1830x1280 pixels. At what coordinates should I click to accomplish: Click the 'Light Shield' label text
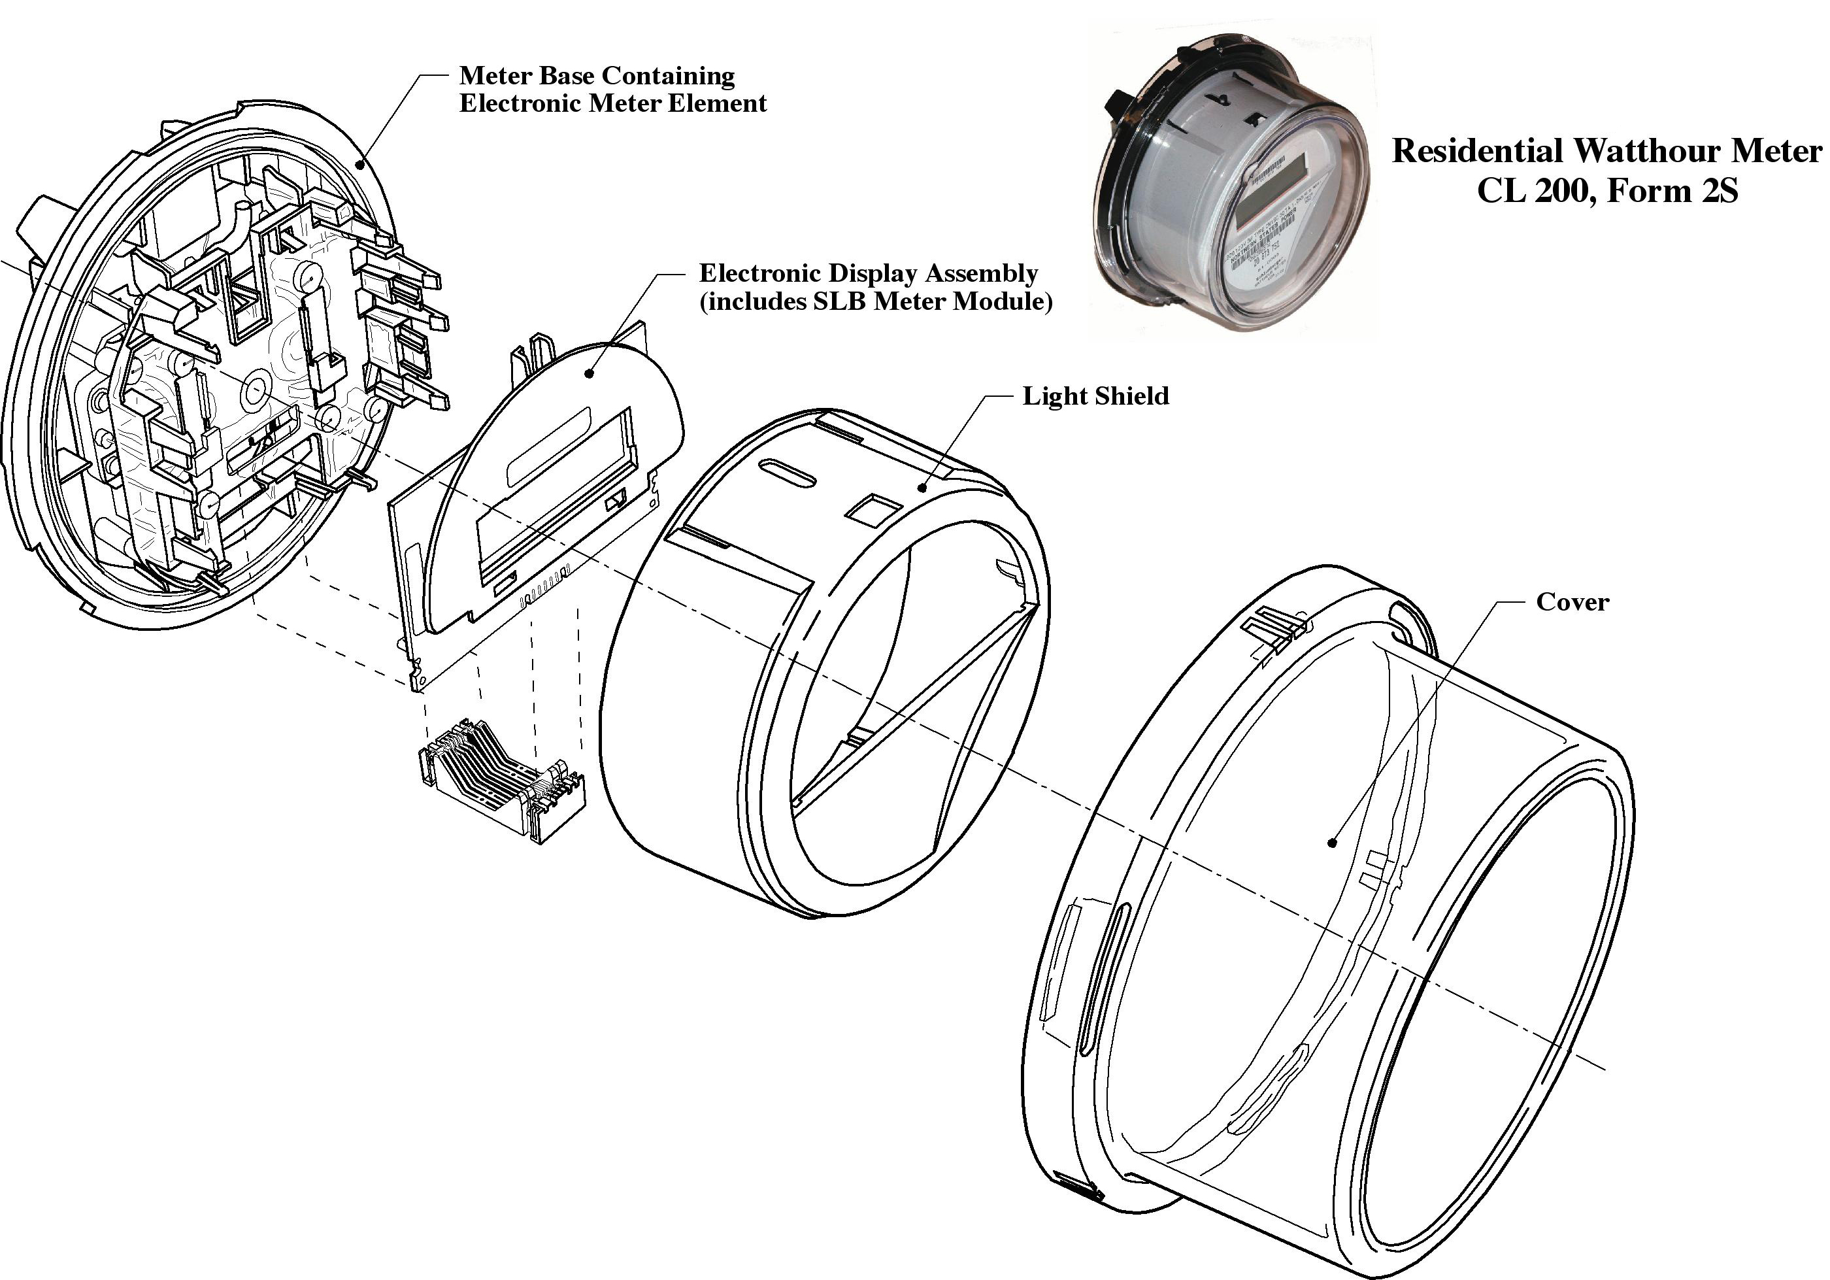click(1095, 396)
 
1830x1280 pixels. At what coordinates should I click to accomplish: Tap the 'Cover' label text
click(1572, 601)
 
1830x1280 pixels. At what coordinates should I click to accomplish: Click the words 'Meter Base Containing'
click(596, 76)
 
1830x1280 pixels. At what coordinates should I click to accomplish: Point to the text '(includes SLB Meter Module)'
click(875, 301)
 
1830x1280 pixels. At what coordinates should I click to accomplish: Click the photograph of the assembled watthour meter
click(1231, 183)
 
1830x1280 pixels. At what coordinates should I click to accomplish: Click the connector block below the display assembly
click(501, 779)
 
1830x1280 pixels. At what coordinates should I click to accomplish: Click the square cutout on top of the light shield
click(874, 509)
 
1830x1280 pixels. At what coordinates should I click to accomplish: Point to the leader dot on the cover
click(1332, 843)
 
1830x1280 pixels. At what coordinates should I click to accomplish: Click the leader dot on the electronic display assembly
click(589, 372)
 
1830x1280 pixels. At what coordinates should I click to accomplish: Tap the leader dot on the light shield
click(922, 488)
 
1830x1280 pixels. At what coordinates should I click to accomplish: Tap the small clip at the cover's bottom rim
click(1078, 1185)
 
